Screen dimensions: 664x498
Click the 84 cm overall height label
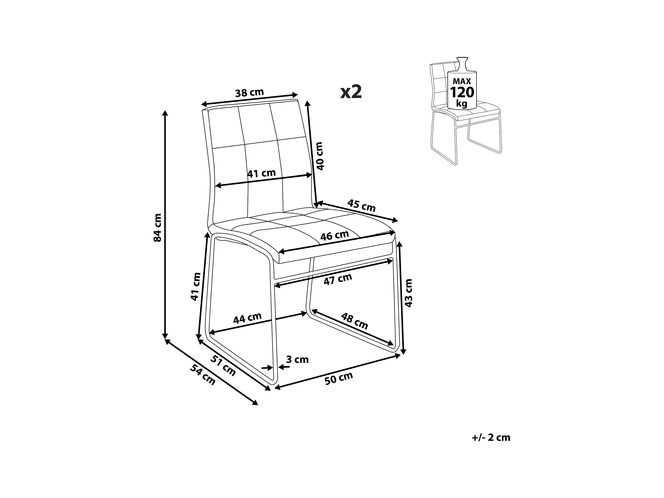click(x=157, y=228)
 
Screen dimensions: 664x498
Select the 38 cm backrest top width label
click(x=249, y=93)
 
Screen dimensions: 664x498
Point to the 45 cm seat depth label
click(x=361, y=206)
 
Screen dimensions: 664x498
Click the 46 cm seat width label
click(x=334, y=236)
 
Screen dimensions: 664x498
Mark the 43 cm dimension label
click(x=408, y=293)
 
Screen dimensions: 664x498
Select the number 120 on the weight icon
click(x=462, y=93)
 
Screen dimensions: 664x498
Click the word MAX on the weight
click(x=462, y=81)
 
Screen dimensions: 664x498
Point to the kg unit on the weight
click(x=462, y=104)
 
